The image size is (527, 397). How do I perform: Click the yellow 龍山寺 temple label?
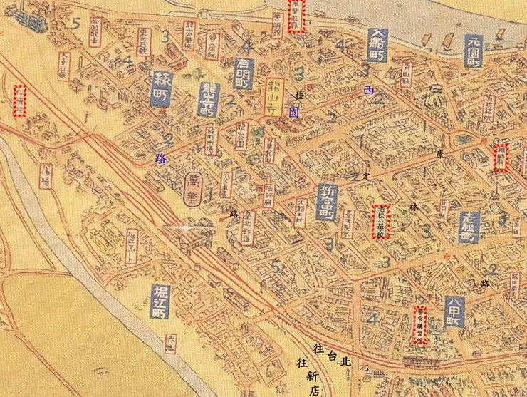point(273,98)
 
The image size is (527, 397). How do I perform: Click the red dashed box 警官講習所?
point(420,324)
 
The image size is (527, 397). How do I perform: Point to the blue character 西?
point(368,91)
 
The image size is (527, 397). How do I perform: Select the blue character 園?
point(294,111)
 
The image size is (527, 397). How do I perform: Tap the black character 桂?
point(299,94)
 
